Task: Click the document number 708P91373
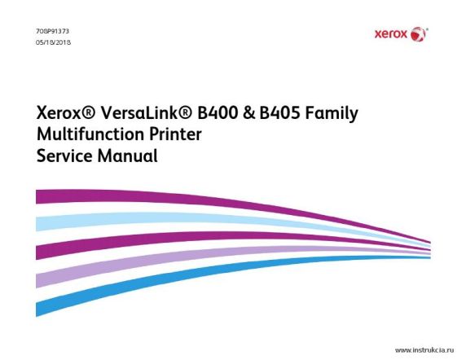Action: tap(53, 31)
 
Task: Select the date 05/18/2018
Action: tap(54, 42)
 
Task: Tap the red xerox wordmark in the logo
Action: tap(391, 34)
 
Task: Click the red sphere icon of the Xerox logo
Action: tap(418, 34)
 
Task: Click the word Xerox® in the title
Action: tap(66, 113)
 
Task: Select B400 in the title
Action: tap(218, 113)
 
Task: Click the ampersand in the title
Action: tap(249, 113)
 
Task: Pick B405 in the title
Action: tap(279, 113)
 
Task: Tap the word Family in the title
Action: tap(332, 114)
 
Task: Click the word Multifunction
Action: tap(90, 134)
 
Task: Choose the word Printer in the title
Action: tap(175, 134)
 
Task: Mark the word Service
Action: tap(64, 156)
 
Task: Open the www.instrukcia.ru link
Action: tap(424, 350)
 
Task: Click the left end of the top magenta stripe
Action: tap(37, 197)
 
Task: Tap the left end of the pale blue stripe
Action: tap(37, 224)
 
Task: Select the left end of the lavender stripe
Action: tap(37, 281)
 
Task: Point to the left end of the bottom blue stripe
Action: tap(37, 310)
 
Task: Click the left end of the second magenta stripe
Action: tap(37, 252)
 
